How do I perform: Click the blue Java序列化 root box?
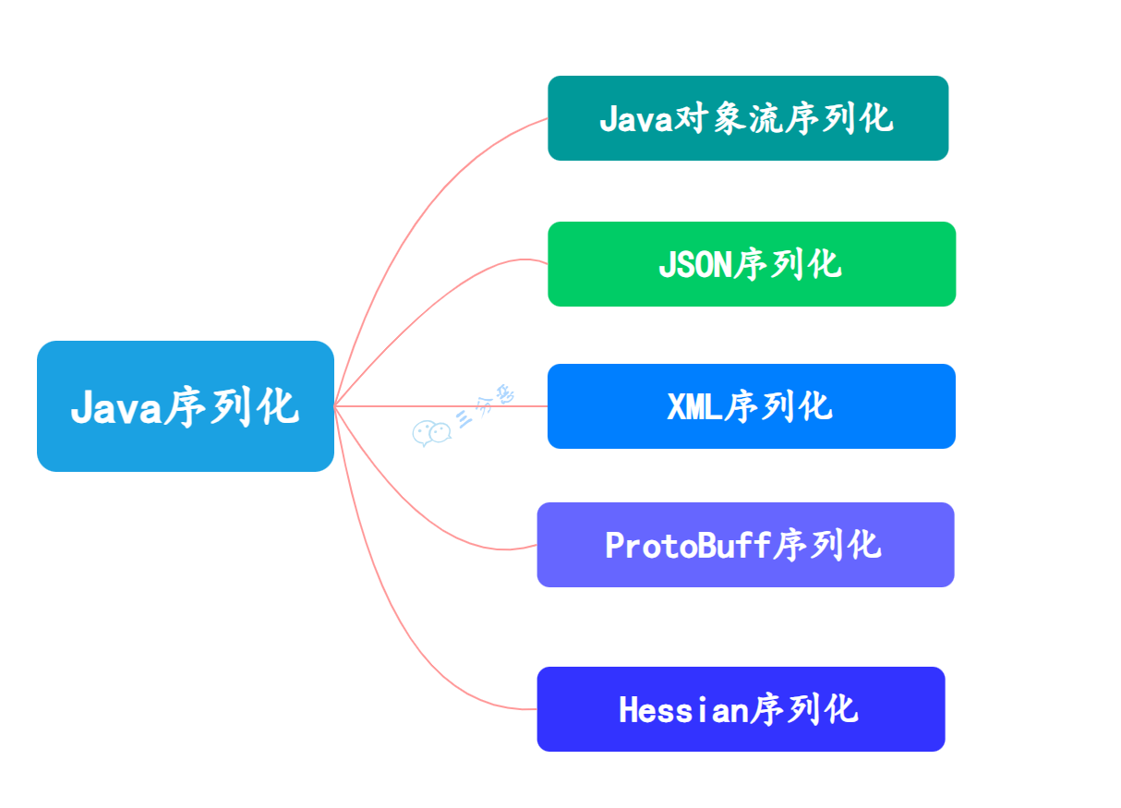[185, 406]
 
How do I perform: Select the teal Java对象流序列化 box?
[748, 118]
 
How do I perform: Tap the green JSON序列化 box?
[751, 264]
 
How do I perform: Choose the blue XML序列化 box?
[751, 406]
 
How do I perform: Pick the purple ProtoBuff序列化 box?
[744, 545]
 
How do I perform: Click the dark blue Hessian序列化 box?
[741, 709]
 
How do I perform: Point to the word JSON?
[693, 265]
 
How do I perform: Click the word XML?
[694, 407]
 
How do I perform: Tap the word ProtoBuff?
[687, 546]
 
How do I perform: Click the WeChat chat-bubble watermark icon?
[430, 433]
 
